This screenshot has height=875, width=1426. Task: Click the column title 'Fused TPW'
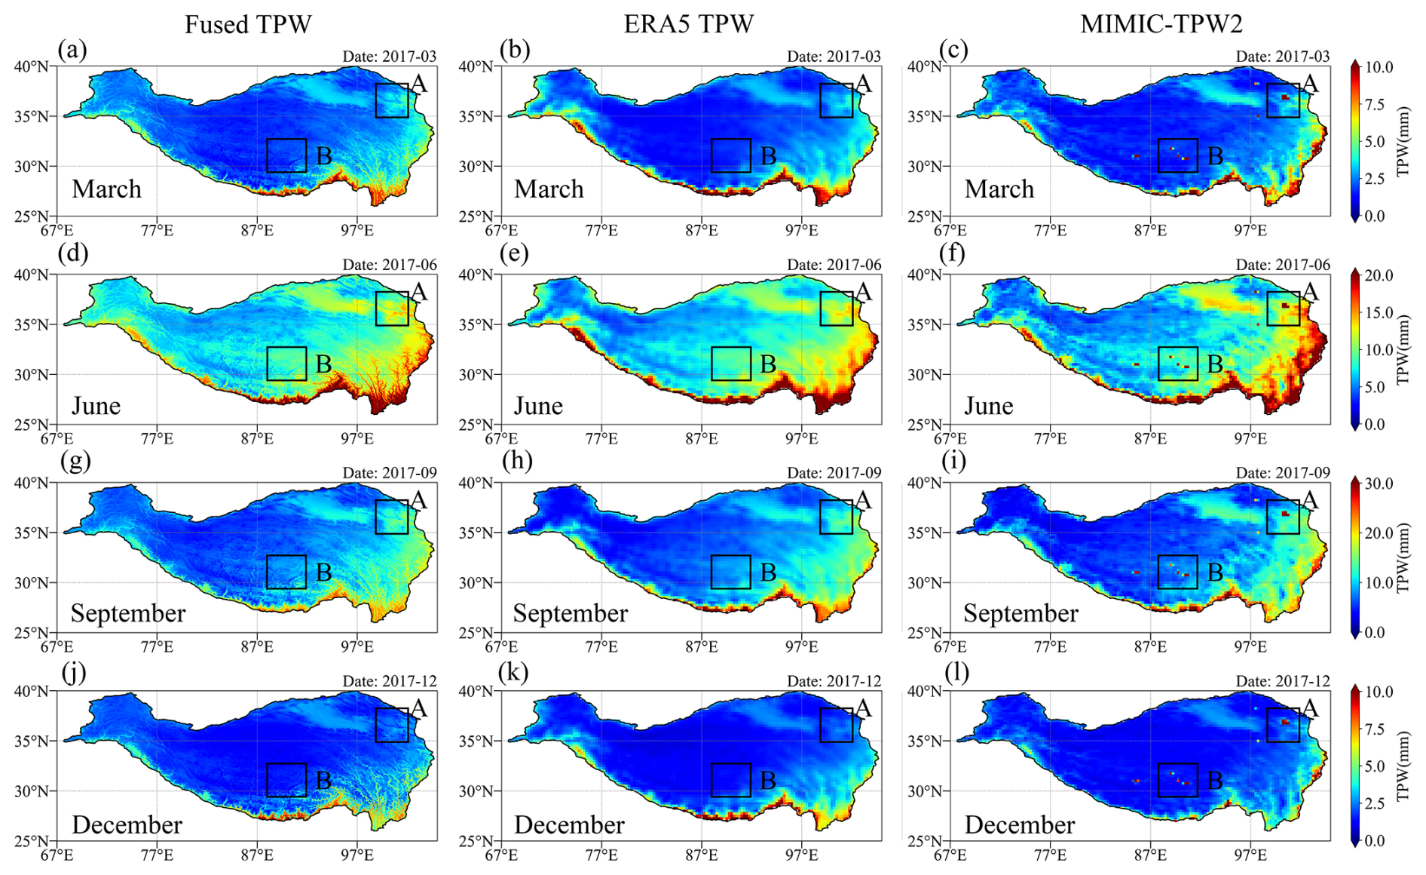click(x=248, y=24)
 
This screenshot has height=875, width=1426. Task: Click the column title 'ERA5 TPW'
click(x=688, y=24)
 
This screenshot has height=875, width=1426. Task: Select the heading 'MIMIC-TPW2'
click(x=1161, y=24)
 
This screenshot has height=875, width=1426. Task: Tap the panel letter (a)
click(x=72, y=50)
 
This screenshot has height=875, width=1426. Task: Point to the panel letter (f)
click(x=953, y=253)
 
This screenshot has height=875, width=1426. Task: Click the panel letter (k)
click(x=515, y=671)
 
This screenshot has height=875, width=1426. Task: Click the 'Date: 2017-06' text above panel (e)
click(x=834, y=265)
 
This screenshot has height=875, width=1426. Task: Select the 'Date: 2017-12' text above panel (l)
click(x=1282, y=681)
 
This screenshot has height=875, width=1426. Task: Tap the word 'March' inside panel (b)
click(x=549, y=189)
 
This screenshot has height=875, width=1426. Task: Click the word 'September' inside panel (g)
click(x=128, y=613)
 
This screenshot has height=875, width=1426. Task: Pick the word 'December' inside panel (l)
click(x=1019, y=824)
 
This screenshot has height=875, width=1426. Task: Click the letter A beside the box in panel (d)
click(x=418, y=292)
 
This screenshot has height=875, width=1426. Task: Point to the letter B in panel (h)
click(x=768, y=573)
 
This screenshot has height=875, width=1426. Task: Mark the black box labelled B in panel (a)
click(x=286, y=155)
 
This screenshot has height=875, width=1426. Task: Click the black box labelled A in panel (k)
click(x=836, y=725)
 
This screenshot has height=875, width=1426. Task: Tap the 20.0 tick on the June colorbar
click(x=1379, y=275)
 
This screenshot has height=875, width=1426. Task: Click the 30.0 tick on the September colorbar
click(x=1379, y=484)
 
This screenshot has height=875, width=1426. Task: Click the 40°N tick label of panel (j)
click(x=32, y=691)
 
